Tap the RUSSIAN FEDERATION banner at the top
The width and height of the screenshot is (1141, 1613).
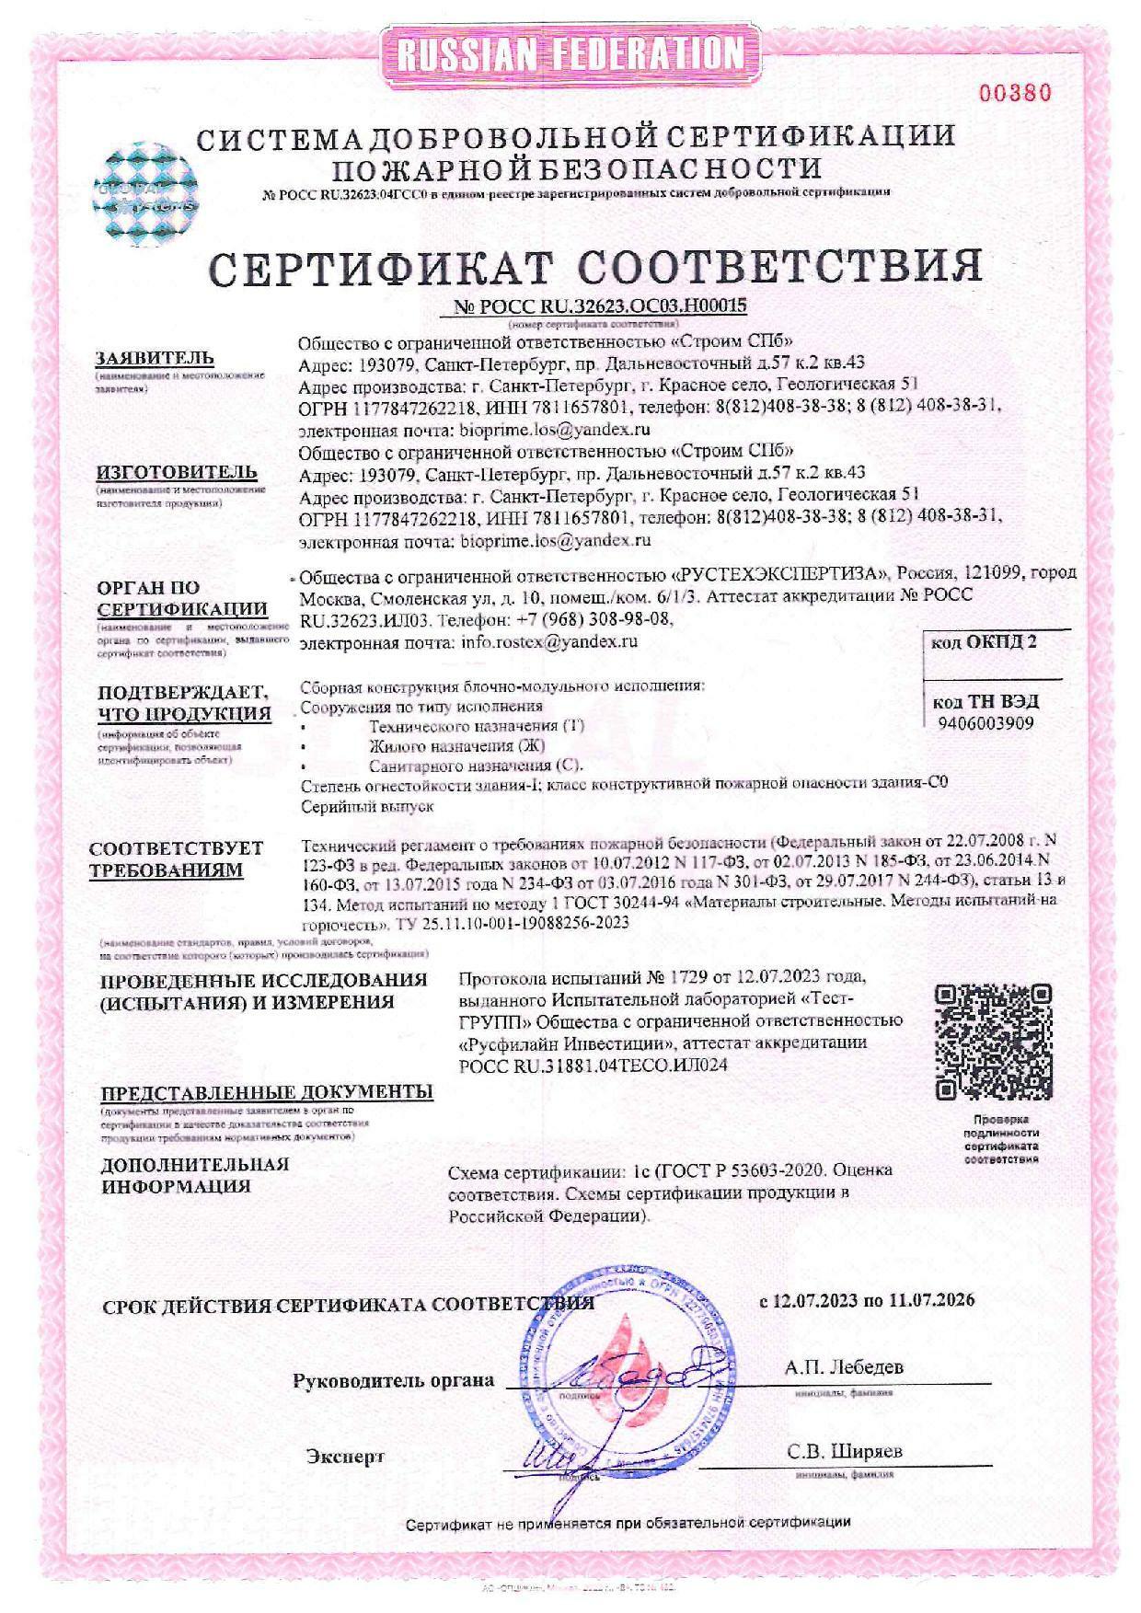pos(570,55)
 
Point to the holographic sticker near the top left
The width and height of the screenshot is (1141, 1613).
pos(148,195)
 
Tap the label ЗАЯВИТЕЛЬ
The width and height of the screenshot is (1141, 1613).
pos(156,358)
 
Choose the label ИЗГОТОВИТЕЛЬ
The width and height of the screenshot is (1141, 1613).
pos(177,472)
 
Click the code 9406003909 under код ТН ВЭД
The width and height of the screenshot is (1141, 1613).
pos(985,723)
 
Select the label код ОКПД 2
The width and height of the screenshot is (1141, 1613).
pos(984,641)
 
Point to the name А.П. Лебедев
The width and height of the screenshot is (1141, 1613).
pos(844,1366)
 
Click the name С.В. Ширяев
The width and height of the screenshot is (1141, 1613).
pos(845,1451)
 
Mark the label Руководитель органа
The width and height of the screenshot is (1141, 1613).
pos(393,1380)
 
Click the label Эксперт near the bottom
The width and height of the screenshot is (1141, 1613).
pos(345,1457)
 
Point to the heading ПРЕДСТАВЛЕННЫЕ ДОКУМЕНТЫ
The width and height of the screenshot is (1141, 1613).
pos(267,1092)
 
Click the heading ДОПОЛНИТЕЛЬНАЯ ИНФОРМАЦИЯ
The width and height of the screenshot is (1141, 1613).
pos(194,1175)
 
